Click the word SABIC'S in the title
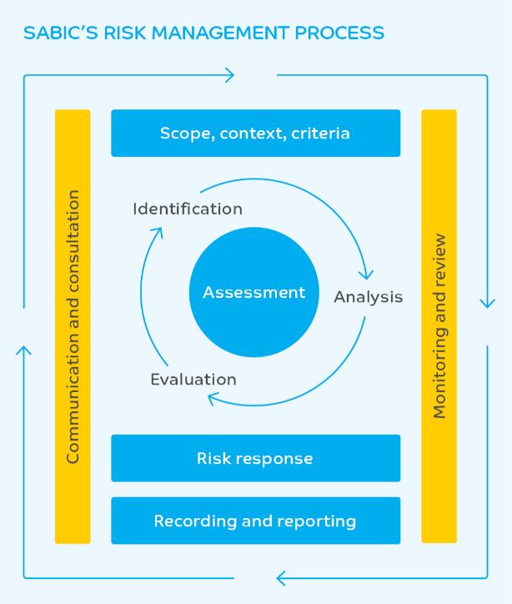(58, 33)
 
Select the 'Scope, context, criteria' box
(255, 133)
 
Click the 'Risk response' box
(255, 458)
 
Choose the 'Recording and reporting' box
(255, 521)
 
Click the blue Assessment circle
(254, 293)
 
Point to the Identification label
(188, 209)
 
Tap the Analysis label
(369, 297)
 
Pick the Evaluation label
(193, 380)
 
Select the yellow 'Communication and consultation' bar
(73, 326)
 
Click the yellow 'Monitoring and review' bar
(439, 326)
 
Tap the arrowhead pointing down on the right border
(487, 302)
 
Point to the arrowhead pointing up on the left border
(24, 351)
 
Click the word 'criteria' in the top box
(320, 133)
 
